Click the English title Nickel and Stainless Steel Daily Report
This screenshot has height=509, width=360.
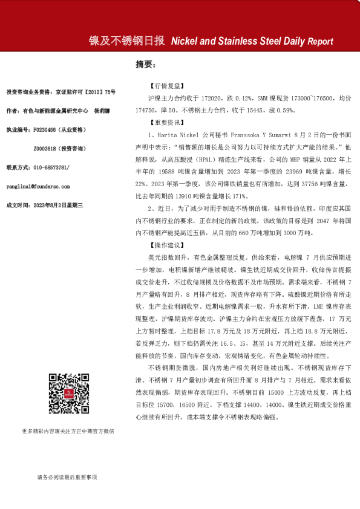point(252,42)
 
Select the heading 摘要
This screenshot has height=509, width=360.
point(145,65)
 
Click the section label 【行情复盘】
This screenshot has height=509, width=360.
point(164,87)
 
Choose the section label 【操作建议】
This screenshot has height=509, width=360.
point(164,245)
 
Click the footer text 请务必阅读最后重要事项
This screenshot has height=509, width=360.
point(67,478)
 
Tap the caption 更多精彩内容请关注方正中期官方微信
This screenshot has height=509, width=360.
point(67,431)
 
